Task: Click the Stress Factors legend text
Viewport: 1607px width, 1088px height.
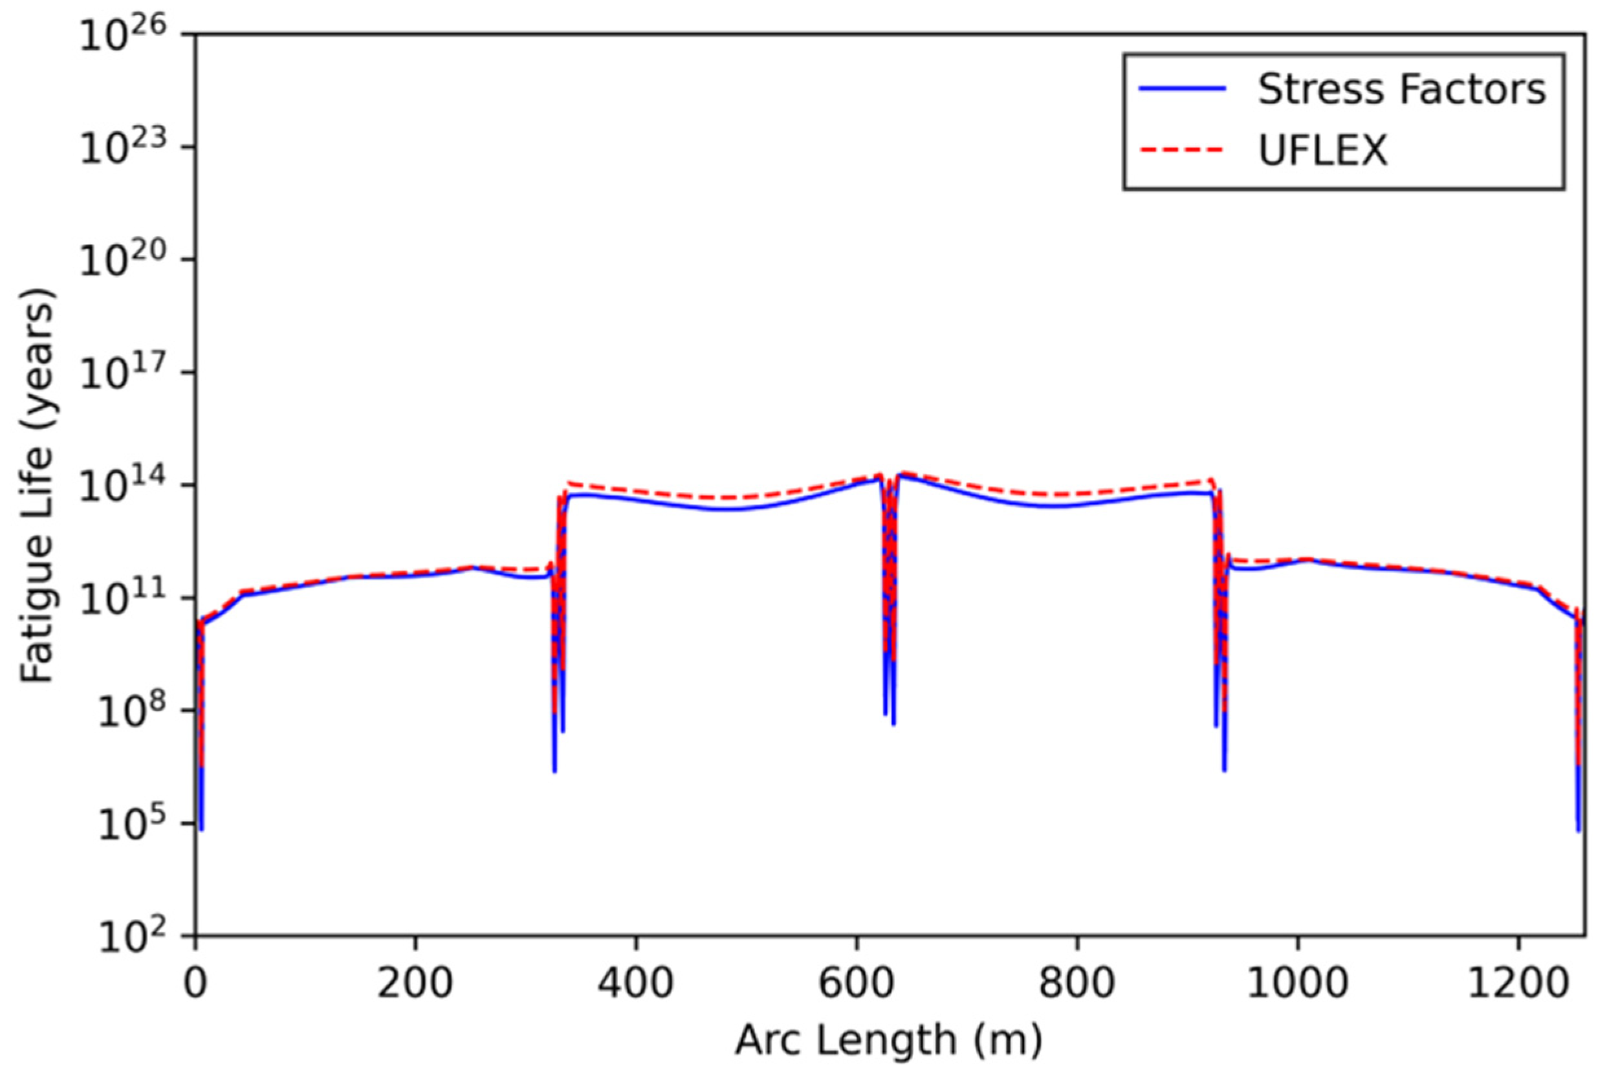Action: (x=1401, y=90)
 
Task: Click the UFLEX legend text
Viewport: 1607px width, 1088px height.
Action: (x=1322, y=150)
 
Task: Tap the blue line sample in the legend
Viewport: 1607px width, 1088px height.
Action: (x=1183, y=89)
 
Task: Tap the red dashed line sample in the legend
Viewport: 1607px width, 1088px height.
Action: (x=1183, y=150)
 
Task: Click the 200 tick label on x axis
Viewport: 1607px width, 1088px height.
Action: (x=415, y=983)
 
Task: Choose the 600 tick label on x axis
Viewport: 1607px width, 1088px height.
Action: (x=856, y=983)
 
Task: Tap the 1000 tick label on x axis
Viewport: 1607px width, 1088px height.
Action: (x=1297, y=983)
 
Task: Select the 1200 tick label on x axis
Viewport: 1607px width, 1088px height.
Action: (x=1517, y=983)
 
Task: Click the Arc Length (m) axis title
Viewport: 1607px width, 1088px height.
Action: (x=888, y=1041)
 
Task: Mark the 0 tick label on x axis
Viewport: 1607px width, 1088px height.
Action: (x=195, y=983)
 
